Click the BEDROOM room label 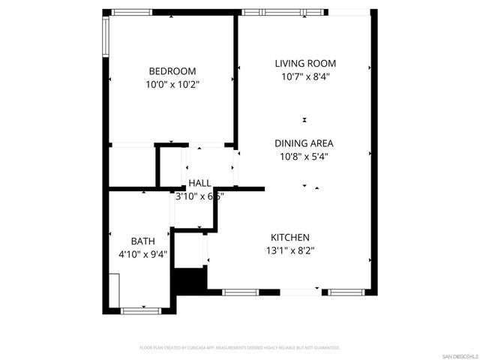point(172,71)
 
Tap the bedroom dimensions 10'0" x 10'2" point(172,85)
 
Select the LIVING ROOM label point(304,64)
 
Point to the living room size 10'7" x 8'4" point(304,76)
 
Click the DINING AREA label point(304,143)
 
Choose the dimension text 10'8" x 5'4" point(304,157)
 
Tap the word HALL point(199,183)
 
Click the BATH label point(143,241)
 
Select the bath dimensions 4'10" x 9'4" point(143,254)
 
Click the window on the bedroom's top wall point(132,12)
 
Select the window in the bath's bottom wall point(140,310)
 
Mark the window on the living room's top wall point(284,12)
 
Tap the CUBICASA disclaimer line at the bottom point(240,348)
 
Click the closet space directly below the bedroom point(132,166)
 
